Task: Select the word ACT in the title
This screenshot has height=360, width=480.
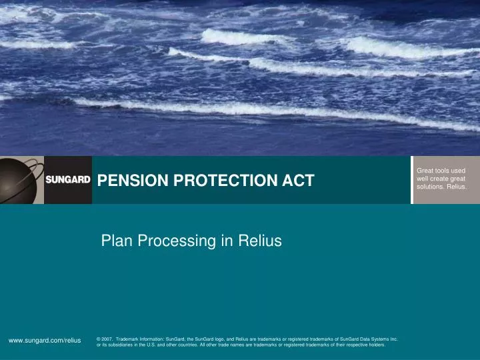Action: pos(300,180)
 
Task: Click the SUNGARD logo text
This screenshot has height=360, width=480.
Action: pos(68,180)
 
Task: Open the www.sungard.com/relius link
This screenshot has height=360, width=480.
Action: pos(45,340)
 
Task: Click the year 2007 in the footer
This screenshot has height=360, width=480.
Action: pos(107,339)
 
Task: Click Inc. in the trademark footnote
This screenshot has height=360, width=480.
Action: pos(393,339)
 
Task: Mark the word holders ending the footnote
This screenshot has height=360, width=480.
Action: pos(375,345)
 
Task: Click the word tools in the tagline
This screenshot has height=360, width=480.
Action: pos(441,171)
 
